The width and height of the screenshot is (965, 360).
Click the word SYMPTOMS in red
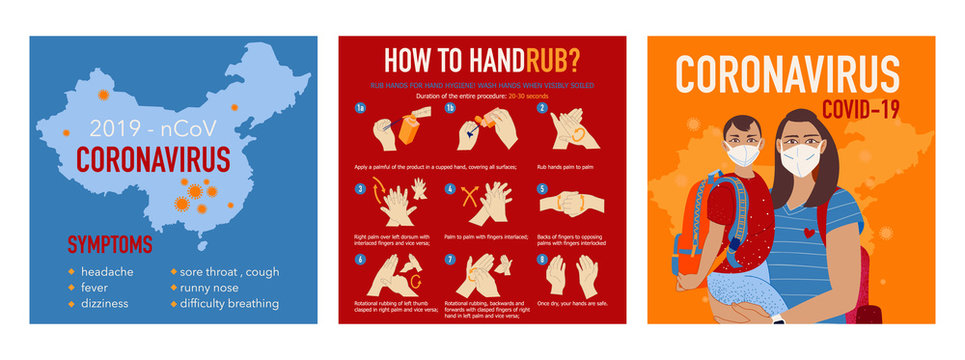pyautogui.click(x=110, y=244)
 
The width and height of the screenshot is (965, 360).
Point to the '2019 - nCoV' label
pyautogui.click(x=147, y=129)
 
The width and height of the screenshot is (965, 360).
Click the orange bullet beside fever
pyautogui.click(x=71, y=287)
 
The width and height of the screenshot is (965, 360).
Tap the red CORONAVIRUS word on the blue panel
pyautogui.click(x=154, y=161)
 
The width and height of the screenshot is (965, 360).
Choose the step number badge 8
pyautogui.click(x=543, y=259)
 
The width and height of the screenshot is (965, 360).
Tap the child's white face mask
pyautogui.click(x=741, y=154)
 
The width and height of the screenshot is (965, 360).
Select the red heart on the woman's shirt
pyautogui.click(x=808, y=232)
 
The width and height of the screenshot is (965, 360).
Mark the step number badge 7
pyautogui.click(x=451, y=259)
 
